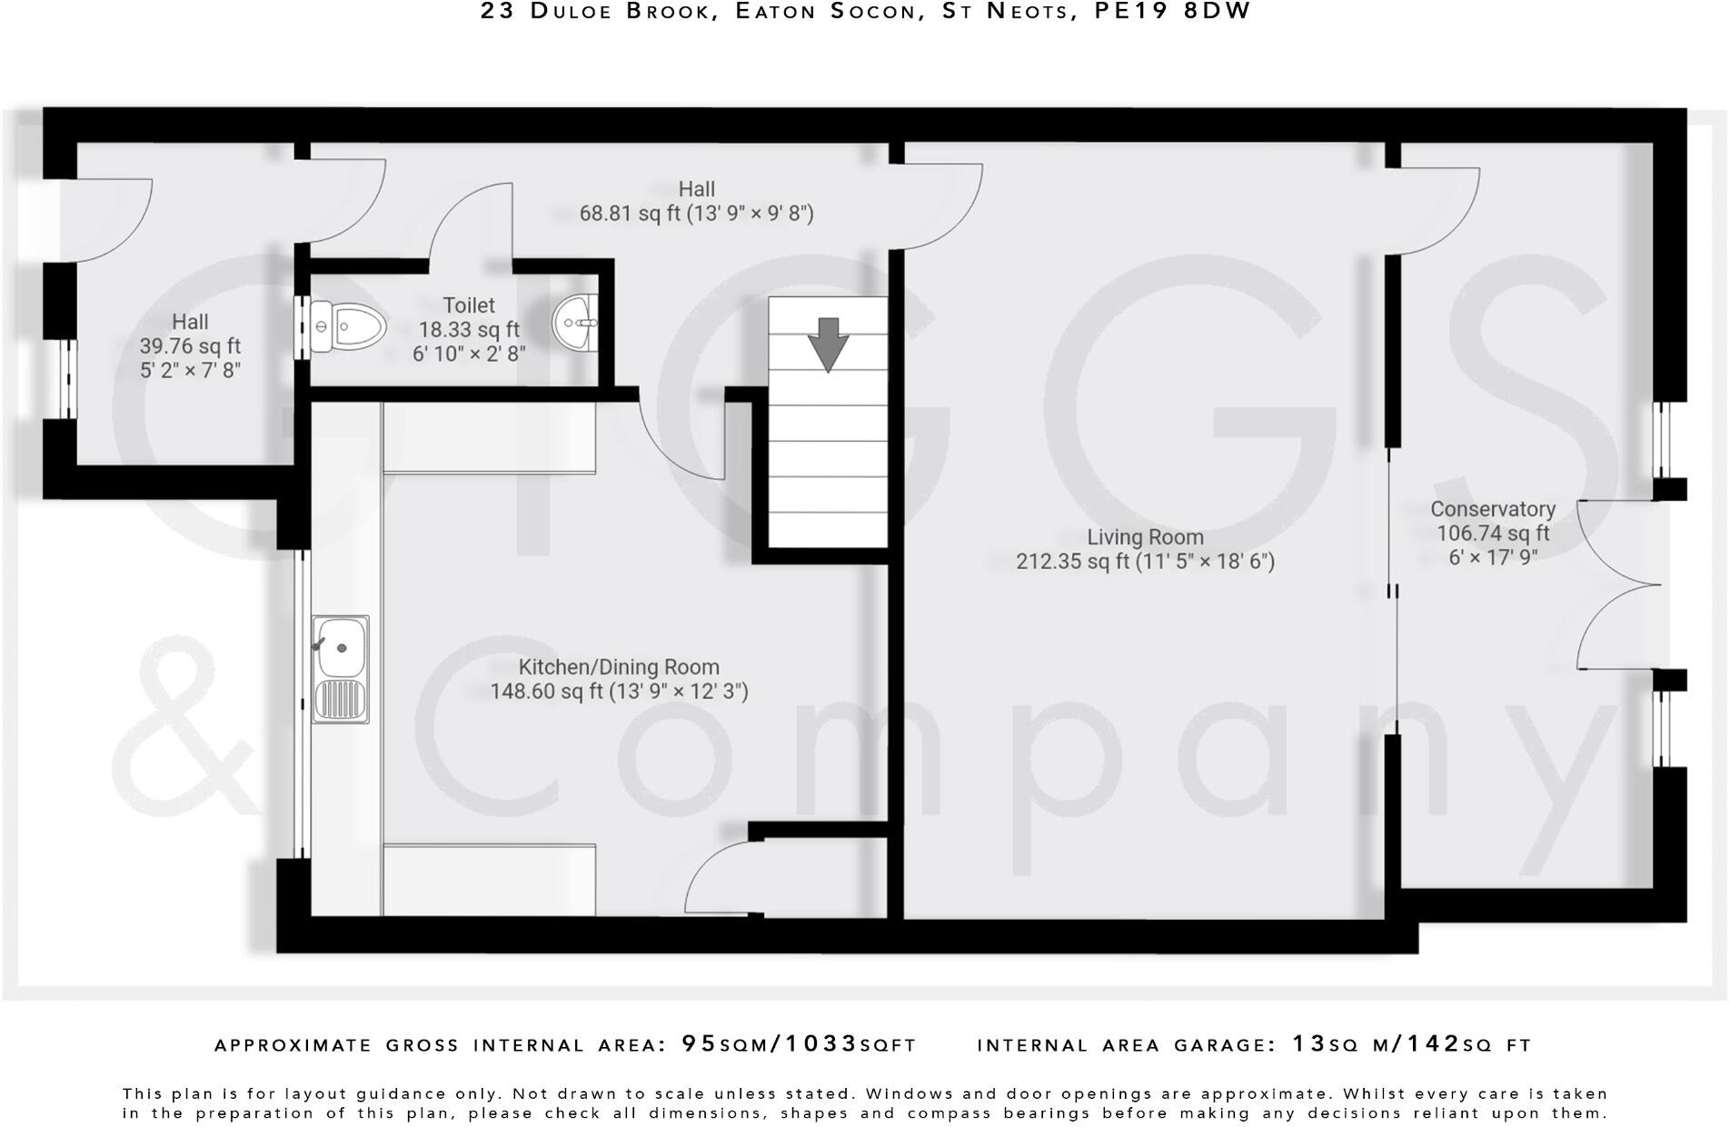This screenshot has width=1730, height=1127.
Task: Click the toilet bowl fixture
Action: pos(348,326)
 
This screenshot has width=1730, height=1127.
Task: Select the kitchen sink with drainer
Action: pos(341,669)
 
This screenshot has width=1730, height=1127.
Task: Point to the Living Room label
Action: pos(1145,537)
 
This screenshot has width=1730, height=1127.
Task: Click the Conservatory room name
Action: pos(1493,509)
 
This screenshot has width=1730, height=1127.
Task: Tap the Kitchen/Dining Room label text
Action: pos(619,667)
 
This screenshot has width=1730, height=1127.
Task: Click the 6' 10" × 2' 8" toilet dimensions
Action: pos(469,354)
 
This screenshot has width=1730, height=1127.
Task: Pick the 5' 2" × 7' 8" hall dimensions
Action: pos(190,370)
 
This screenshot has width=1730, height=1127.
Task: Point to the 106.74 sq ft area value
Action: pos(1493,534)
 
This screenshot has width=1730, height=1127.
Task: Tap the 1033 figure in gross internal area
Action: pos(821,1043)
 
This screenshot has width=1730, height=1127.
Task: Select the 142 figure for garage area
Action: pos(1434,1043)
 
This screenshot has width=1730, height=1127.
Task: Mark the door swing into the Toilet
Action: pos(471,223)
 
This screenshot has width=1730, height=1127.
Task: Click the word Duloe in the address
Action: pos(581,11)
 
